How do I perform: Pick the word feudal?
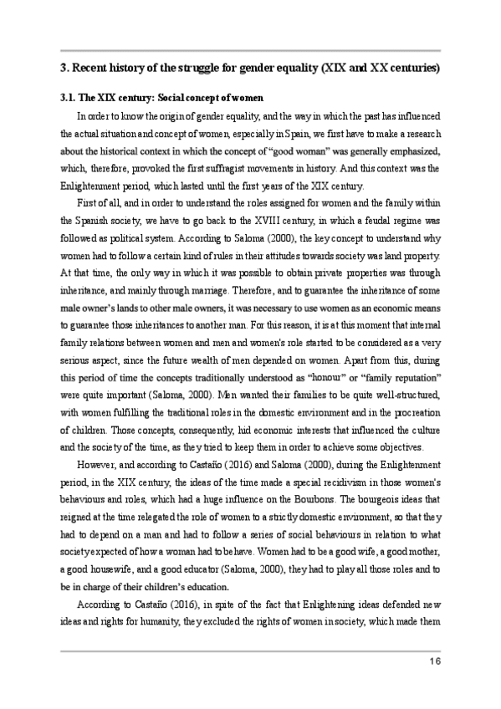(x=364, y=221)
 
